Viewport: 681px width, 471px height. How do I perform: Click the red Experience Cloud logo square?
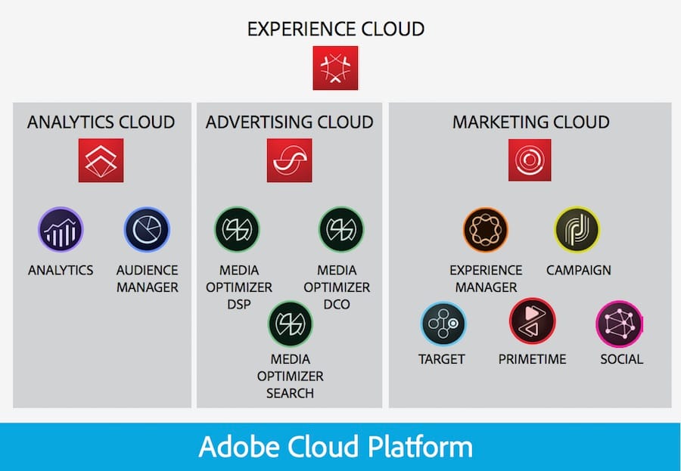coord(335,68)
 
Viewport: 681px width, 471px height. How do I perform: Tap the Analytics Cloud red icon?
coord(101,160)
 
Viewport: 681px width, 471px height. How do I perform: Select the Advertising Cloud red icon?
coord(289,160)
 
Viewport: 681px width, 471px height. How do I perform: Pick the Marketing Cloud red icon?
coord(530,160)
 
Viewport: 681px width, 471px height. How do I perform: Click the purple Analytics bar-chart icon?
coord(61,230)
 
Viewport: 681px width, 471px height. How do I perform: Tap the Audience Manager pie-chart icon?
coord(147,230)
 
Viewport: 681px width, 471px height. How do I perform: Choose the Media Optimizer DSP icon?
coord(237,230)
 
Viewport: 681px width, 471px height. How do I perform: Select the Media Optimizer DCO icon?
coord(341,230)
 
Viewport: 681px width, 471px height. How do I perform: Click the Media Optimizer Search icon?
coord(290,324)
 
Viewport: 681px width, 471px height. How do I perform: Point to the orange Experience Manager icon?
coord(486,230)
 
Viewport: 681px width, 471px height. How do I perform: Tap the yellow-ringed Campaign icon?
coord(577,230)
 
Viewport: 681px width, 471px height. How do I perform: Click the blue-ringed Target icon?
coord(443,324)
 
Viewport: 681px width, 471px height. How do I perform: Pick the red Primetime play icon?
coord(532,321)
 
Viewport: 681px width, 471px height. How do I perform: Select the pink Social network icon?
coord(620,324)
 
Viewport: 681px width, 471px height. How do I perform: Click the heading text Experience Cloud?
coord(336,29)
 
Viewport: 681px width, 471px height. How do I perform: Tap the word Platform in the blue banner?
coord(421,447)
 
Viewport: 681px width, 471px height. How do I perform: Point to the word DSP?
coord(239,305)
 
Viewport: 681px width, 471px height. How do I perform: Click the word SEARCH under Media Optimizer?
coord(290,393)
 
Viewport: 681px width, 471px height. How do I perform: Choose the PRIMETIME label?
coord(533,359)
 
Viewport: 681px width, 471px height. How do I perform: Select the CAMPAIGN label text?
coord(579,271)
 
